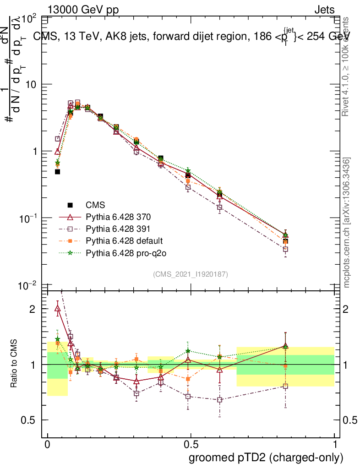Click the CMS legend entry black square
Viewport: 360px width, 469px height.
(70, 205)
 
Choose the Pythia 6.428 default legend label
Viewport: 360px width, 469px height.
(124, 240)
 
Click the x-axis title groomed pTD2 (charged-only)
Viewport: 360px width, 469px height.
(265, 458)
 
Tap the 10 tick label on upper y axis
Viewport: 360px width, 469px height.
(32, 85)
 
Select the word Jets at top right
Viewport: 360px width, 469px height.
(324, 10)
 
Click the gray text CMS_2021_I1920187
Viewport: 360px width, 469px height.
(191, 274)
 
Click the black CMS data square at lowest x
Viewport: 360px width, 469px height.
(58, 172)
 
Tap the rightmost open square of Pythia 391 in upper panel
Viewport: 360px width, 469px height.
(285, 250)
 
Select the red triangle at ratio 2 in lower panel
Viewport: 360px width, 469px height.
(58, 308)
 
